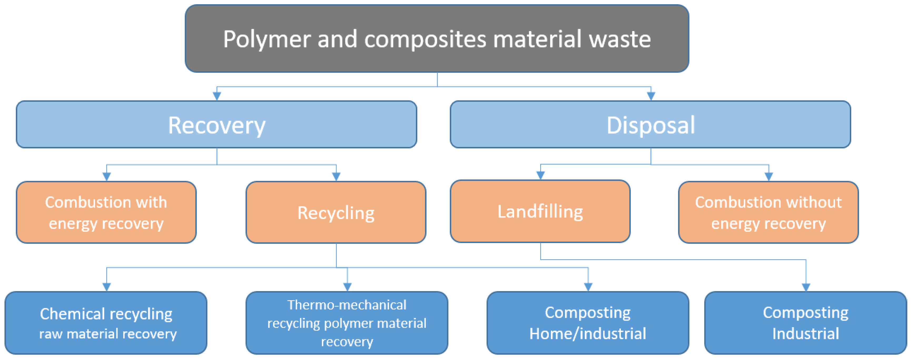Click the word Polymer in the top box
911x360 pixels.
pyautogui.click(x=266, y=39)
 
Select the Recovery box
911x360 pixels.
pyautogui.click(x=216, y=125)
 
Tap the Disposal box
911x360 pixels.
pyautogui.click(x=650, y=125)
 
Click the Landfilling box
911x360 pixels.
pyautogui.click(x=540, y=211)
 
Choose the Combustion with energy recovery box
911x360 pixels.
pyautogui.click(x=106, y=213)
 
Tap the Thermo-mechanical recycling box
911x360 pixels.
pyautogui.click(x=347, y=323)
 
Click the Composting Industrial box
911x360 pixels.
pyautogui.click(x=805, y=323)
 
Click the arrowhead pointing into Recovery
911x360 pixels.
pyautogui.click(x=217, y=96)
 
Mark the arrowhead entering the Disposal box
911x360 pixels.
pyautogui.click(x=651, y=96)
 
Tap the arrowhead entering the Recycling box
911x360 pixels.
pyautogui.click(x=336, y=176)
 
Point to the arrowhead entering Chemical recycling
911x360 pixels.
pyautogui.click(x=106, y=287)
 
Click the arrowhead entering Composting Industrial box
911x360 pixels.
pyautogui.click(x=806, y=287)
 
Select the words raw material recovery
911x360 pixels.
pyautogui.click(x=108, y=334)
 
